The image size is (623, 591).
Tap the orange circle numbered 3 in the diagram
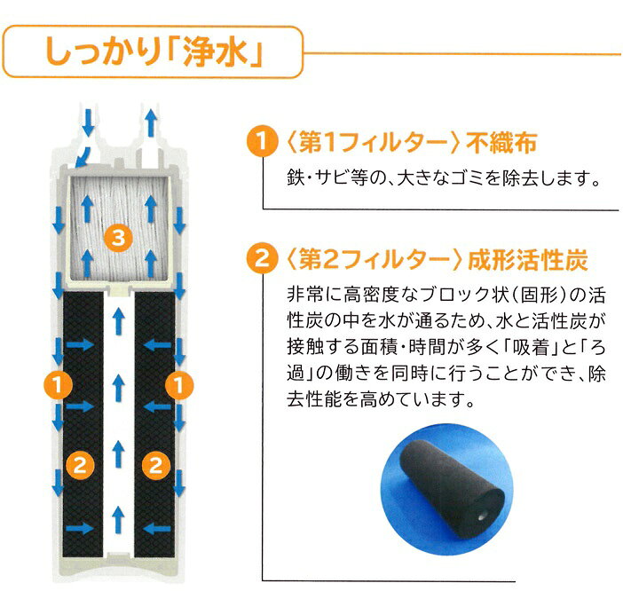click(116, 236)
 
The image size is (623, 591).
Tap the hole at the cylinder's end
click(482, 514)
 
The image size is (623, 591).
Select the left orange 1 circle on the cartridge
click(57, 383)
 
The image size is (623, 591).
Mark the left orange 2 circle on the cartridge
click(79, 461)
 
